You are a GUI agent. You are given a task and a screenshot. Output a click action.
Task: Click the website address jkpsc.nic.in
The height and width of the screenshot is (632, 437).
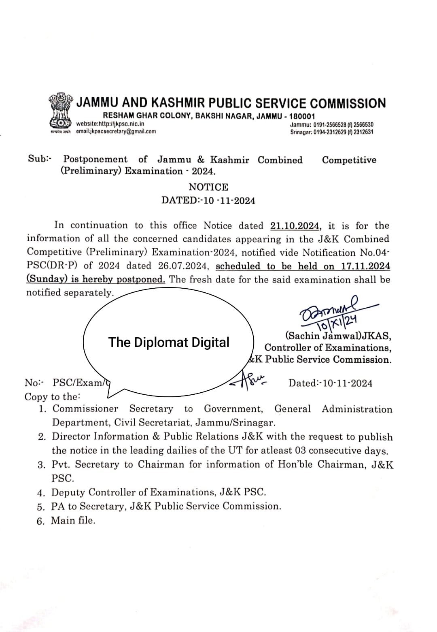[x=110, y=124]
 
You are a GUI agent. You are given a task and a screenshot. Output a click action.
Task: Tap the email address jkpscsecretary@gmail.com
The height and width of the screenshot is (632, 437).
[x=116, y=131]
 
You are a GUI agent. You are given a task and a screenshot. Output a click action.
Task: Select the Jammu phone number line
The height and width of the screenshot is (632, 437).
[x=332, y=125]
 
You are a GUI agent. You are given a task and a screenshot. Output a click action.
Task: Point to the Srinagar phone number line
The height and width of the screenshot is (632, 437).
[x=332, y=132]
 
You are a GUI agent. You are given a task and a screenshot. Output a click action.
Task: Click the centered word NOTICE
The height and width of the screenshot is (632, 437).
[x=208, y=187]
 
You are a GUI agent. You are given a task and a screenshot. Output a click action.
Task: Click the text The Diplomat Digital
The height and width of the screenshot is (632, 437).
[x=168, y=343]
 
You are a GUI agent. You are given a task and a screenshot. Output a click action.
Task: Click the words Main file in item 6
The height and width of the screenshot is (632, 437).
[x=73, y=520]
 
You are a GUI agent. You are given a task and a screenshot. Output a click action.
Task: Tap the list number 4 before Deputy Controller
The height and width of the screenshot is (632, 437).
[x=40, y=493]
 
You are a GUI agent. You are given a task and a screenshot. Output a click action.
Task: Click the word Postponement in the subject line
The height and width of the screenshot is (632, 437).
[x=95, y=160]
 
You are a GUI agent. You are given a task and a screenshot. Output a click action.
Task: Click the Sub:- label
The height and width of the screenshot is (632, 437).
[x=40, y=159]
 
